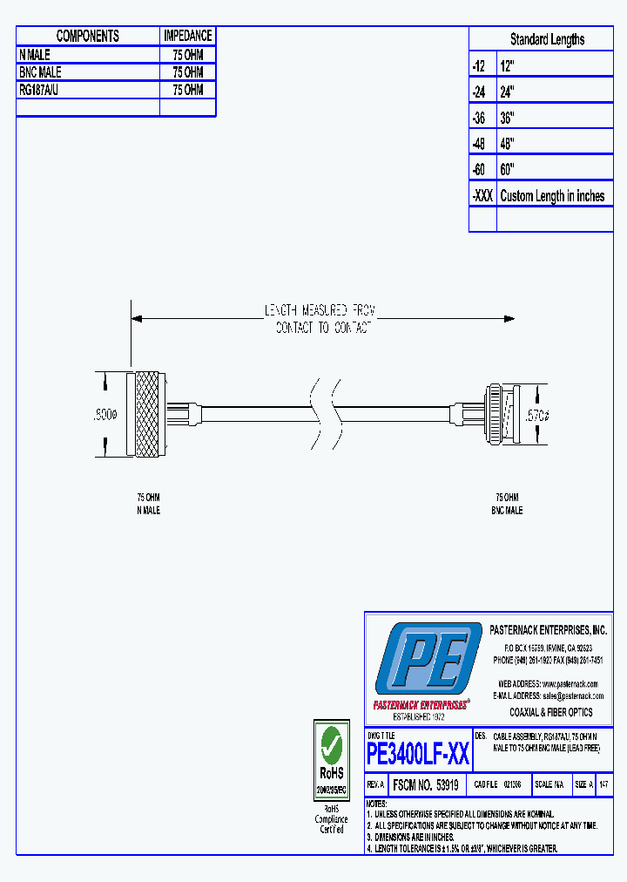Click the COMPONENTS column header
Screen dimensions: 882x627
(87, 36)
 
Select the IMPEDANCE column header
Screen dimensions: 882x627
(187, 36)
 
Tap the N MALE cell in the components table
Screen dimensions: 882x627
(36, 54)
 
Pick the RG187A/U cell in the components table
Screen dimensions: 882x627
(39, 90)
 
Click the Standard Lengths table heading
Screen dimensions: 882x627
(547, 39)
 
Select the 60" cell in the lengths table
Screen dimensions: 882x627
(508, 169)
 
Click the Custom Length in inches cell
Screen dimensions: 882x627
(552, 196)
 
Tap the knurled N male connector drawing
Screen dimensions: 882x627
(145, 414)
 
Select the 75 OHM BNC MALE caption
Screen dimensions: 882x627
(506, 505)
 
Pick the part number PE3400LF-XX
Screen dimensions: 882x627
(418, 752)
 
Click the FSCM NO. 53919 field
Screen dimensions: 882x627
(426, 784)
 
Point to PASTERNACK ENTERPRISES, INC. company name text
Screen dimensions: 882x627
(548, 629)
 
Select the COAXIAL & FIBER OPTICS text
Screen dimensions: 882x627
(550, 712)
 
